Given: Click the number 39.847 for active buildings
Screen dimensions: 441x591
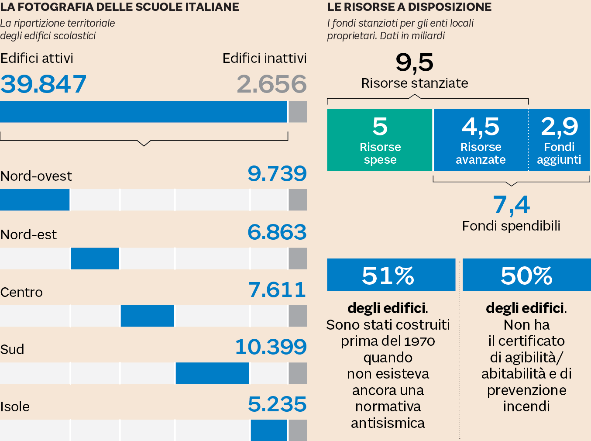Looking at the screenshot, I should pos(43,84).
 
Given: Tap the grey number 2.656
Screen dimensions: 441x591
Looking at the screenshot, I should pos(271,84).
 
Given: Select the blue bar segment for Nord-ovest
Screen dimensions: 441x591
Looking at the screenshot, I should pos(34,200).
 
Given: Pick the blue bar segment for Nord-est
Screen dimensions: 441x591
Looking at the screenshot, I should pos(95,258).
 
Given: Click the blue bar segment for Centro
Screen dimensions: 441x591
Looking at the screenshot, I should pos(148,316).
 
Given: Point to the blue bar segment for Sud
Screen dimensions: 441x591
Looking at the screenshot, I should pos(212,373).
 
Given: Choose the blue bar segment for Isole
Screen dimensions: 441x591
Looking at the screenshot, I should pos(269,430).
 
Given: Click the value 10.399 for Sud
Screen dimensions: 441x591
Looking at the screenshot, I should pos(271,347).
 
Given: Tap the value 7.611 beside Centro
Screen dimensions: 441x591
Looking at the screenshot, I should pos(277,290).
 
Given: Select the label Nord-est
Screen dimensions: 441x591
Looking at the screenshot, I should pos(29,235).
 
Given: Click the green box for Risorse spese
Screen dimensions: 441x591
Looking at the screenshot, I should pos(380,140).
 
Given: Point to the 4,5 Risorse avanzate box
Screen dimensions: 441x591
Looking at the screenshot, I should pos(481,140).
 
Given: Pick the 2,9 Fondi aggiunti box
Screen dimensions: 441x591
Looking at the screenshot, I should pos(559,140).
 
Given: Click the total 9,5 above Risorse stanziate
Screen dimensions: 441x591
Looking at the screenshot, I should pos(414,62).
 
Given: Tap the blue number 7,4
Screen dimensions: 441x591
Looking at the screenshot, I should pos(511,205).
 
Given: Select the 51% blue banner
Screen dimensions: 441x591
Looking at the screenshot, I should pos(391,275).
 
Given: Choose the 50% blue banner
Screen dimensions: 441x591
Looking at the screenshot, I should pos(526,275).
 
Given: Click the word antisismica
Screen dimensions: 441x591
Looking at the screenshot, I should pos(388,423).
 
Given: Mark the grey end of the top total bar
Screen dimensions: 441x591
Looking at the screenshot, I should pos(298,112).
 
